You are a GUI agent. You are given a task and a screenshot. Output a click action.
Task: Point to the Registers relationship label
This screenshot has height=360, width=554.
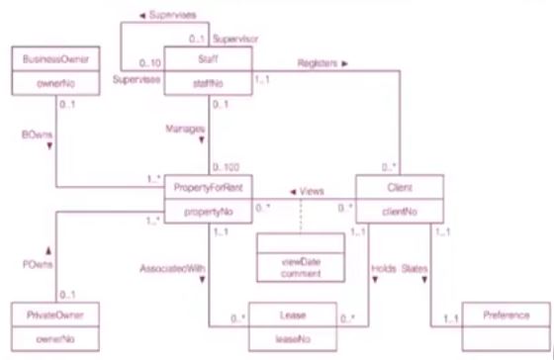(x=322, y=62)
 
